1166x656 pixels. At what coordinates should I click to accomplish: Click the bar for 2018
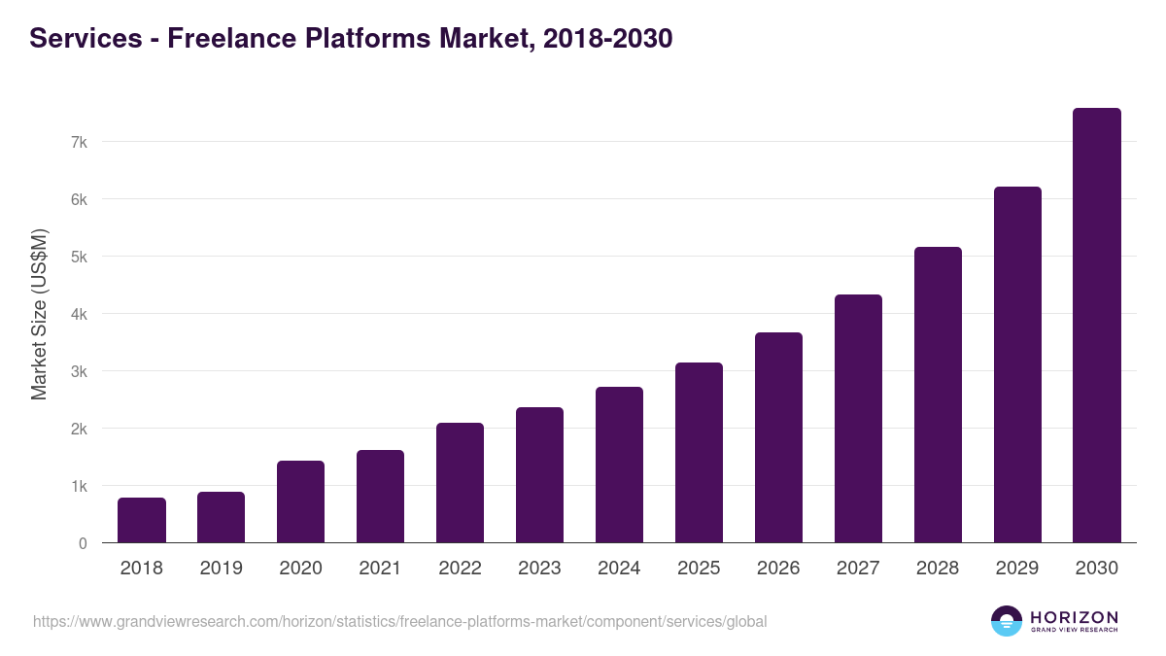tap(142, 520)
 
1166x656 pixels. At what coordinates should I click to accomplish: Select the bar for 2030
tap(1096, 326)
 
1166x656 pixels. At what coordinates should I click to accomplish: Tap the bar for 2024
tap(619, 465)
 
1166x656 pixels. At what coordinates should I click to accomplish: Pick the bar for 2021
tap(380, 496)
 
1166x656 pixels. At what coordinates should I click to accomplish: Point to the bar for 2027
tap(858, 418)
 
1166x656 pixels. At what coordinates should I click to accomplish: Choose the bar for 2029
tap(1016, 364)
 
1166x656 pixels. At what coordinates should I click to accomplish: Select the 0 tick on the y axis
tap(83, 543)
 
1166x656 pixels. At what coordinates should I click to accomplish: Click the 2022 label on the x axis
tap(460, 569)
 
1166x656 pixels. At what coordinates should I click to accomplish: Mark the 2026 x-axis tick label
tap(778, 569)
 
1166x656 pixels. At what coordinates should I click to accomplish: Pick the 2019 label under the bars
tap(222, 569)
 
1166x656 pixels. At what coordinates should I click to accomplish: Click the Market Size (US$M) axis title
tap(39, 314)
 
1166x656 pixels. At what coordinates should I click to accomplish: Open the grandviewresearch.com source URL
tap(399, 621)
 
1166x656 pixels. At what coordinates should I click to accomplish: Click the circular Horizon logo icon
tap(1007, 621)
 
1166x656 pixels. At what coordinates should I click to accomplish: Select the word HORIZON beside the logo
tap(1074, 617)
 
